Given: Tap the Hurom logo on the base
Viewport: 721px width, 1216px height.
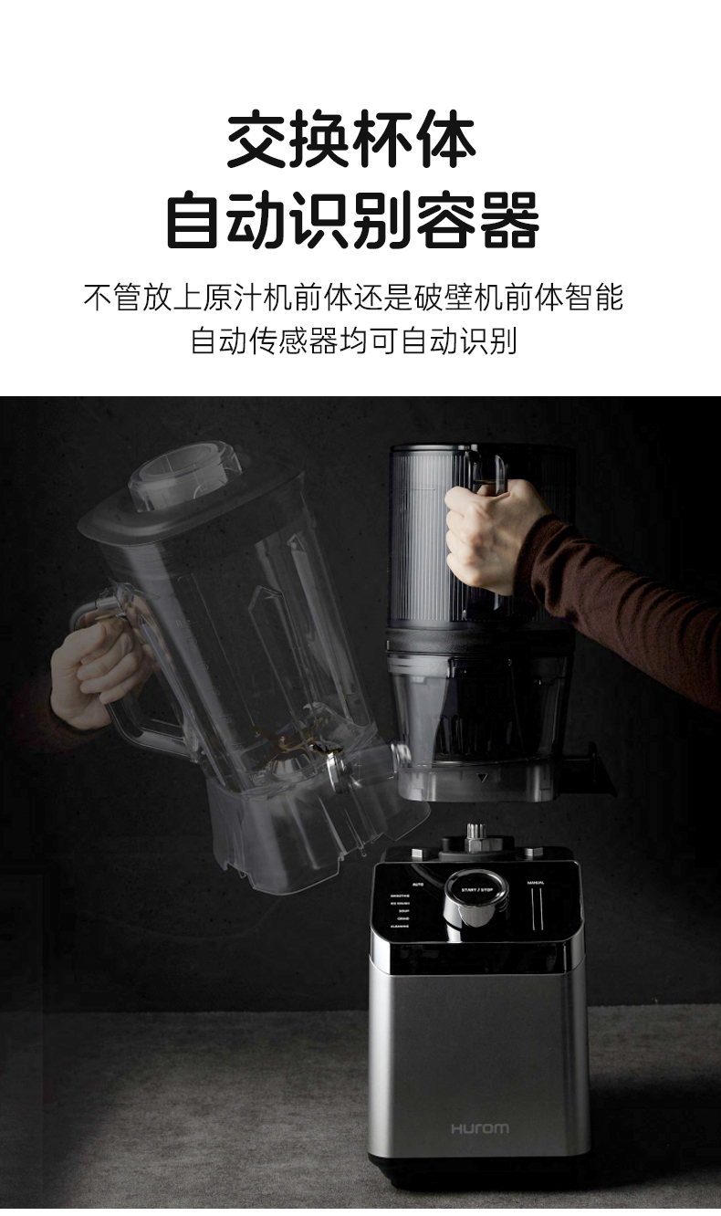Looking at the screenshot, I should tap(479, 1129).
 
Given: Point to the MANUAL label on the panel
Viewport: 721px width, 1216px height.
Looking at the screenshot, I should tap(536, 882).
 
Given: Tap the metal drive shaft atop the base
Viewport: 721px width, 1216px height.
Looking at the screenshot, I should tap(475, 833).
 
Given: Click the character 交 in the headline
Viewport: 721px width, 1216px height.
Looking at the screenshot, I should tap(258, 140).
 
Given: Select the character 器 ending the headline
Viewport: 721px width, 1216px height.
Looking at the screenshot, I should tap(508, 220).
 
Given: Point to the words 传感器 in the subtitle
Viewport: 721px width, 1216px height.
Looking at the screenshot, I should tap(295, 341).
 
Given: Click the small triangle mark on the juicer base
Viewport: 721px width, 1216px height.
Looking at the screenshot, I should tap(481, 778).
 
